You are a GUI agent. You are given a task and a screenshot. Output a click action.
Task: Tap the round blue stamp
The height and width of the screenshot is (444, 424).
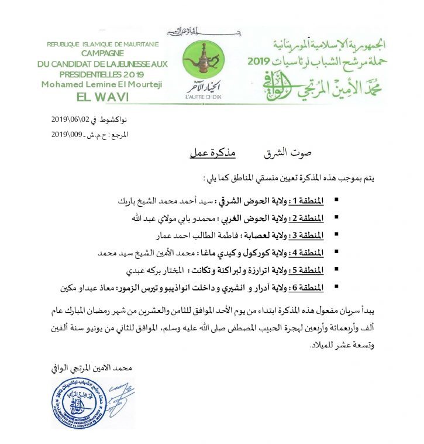pos(78,402)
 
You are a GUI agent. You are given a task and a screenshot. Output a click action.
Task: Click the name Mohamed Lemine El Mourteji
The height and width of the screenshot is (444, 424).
pos(101,84)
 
